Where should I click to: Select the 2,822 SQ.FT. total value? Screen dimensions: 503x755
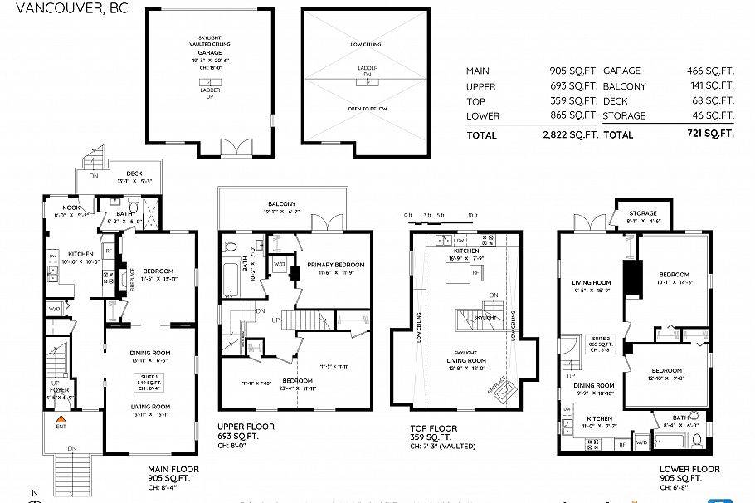click(x=570, y=134)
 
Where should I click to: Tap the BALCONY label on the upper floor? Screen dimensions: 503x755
click(x=281, y=204)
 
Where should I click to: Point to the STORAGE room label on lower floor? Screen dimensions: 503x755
click(x=642, y=213)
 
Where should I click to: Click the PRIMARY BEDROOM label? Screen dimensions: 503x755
click(x=336, y=265)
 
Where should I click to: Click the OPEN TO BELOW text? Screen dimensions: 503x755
click(x=368, y=109)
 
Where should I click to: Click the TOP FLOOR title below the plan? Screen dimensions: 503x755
click(x=434, y=428)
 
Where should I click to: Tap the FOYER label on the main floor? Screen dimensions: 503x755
click(x=59, y=388)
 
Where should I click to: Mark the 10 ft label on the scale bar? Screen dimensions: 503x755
click(x=472, y=215)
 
